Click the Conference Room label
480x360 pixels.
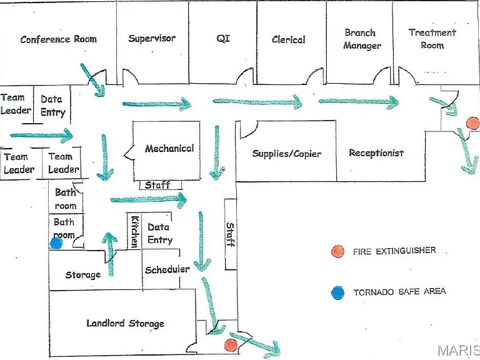tap(59, 39)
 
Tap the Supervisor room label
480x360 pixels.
tap(152, 38)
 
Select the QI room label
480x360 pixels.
tap(223, 38)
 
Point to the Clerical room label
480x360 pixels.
tap(288, 39)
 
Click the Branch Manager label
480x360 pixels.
tap(362, 39)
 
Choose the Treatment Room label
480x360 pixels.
tap(432, 39)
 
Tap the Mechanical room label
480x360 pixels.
tap(169, 149)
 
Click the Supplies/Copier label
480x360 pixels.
tap(286, 153)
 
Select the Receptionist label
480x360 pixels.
tap(376, 152)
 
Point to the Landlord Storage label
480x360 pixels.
tap(125, 323)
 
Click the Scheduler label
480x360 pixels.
tap(167, 270)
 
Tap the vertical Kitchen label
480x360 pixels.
tap(135, 231)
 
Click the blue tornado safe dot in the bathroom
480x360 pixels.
tap(56, 243)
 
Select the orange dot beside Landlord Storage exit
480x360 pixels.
tap(231, 345)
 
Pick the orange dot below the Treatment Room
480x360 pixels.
tap(472, 123)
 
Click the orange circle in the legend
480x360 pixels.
tap(337, 251)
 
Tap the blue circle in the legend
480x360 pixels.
tap(337, 293)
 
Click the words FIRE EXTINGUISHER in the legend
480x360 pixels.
tap(394, 251)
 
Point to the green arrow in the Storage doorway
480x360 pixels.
tap(110, 254)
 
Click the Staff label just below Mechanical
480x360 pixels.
tap(157, 185)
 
